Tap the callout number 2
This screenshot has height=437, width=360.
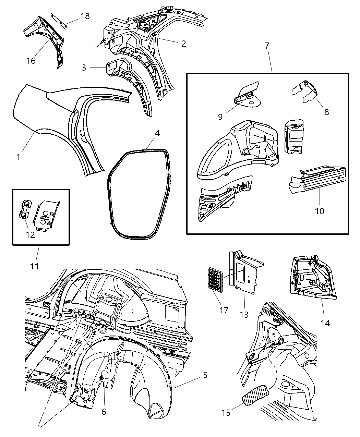click(x=183, y=44)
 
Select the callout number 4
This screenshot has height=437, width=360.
click(x=157, y=133)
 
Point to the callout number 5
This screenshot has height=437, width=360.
click(x=205, y=375)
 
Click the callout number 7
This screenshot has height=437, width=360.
click(x=267, y=45)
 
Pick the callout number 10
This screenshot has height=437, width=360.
click(x=319, y=211)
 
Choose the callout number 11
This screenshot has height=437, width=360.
click(x=35, y=266)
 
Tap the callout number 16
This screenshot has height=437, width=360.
click(x=31, y=61)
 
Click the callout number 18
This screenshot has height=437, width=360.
click(x=85, y=16)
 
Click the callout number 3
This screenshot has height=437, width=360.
click(x=84, y=68)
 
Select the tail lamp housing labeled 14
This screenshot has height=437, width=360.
click(x=312, y=276)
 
